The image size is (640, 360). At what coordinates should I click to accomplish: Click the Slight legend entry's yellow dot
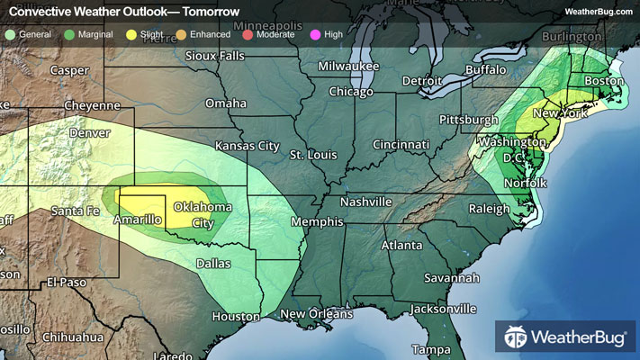(131, 34)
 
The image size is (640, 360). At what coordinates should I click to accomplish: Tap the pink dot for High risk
(314, 34)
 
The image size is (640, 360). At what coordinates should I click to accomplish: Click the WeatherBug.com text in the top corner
(599, 12)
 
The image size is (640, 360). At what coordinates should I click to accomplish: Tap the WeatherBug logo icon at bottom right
(516, 337)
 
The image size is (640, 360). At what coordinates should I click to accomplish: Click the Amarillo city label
(137, 220)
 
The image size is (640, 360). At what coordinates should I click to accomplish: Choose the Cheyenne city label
(90, 105)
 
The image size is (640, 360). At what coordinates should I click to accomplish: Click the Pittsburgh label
(468, 120)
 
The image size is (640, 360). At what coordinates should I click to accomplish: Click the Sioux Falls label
(214, 56)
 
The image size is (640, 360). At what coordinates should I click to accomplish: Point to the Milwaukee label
(347, 67)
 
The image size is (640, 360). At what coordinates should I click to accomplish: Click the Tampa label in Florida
(431, 348)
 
